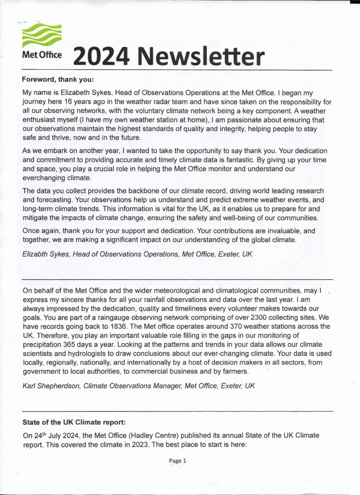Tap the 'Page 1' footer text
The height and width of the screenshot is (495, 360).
click(177, 461)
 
